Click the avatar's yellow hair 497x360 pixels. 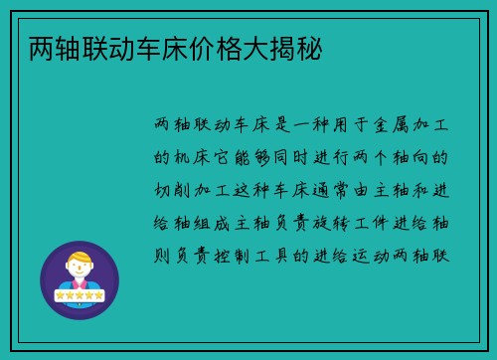click(80, 257)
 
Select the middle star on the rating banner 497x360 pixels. click(80, 295)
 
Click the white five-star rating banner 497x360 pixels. click(80, 295)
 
